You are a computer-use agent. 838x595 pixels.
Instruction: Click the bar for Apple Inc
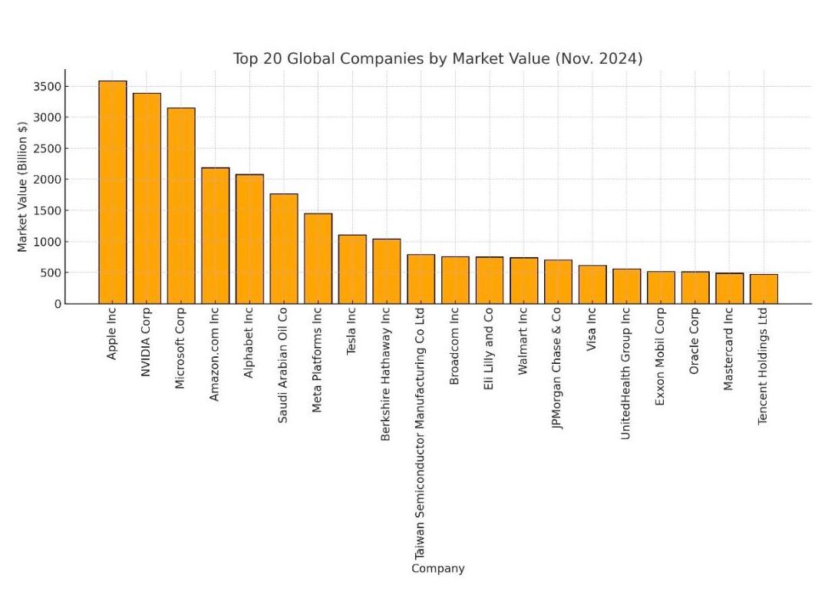(x=112, y=192)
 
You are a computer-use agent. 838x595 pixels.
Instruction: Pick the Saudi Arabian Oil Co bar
(x=284, y=249)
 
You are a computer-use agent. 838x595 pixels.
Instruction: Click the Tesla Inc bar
(x=352, y=269)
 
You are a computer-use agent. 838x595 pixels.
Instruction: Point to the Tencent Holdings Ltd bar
(x=764, y=289)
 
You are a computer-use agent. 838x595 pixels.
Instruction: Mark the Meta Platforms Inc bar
(x=318, y=259)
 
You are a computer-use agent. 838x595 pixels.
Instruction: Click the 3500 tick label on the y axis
(x=45, y=86)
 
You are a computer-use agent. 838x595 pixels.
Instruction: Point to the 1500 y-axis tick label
(x=45, y=210)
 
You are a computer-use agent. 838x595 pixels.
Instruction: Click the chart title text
(x=437, y=59)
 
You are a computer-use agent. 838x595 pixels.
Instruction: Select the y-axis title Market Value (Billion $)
(x=22, y=186)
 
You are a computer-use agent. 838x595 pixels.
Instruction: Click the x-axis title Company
(x=437, y=569)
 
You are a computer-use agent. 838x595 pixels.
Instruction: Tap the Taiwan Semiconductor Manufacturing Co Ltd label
(x=420, y=434)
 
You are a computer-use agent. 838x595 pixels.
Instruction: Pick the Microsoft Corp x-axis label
(x=180, y=349)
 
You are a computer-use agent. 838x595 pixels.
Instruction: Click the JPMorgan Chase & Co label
(x=557, y=369)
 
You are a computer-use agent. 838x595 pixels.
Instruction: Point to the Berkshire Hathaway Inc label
(x=386, y=374)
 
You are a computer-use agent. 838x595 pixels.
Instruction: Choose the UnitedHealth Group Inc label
(x=625, y=373)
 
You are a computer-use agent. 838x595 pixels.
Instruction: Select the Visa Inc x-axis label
(x=592, y=330)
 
